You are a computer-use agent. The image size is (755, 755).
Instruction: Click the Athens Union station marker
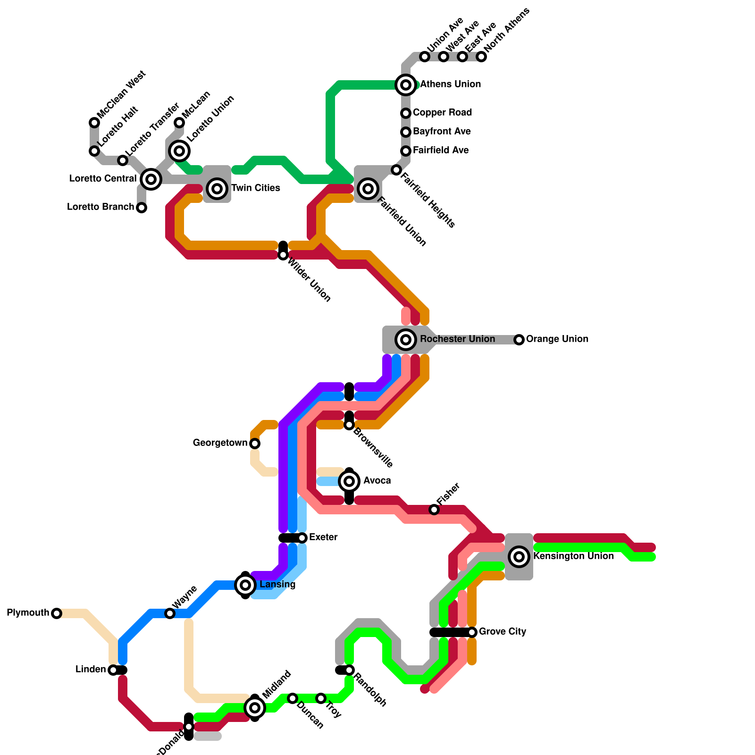tap(406, 85)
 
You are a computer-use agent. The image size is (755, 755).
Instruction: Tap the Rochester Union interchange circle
tap(406, 339)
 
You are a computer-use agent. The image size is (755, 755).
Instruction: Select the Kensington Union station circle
tap(519, 557)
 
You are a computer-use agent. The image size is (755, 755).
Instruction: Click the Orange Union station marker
tap(519, 339)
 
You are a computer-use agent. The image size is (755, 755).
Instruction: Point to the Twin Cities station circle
tap(217, 189)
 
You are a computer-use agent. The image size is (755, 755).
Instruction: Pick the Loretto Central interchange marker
tap(151, 179)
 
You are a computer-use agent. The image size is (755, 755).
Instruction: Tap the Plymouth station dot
tap(57, 613)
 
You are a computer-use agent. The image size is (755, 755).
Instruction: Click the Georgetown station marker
tap(255, 444)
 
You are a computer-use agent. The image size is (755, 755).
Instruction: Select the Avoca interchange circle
tap(349, 481)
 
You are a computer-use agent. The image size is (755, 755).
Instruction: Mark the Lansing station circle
tap(245, 585)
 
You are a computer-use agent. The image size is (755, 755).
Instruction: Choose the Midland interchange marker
tap(255, 707)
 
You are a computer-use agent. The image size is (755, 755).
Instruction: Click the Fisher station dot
tap(434, 510)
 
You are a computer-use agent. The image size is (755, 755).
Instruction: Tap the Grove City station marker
tap(472, 632)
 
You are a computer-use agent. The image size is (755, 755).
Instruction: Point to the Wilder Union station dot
tap(283, 255)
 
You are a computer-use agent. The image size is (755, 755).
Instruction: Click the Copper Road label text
tap(442, 113)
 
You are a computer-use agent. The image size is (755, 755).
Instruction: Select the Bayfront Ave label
tap(442, 132)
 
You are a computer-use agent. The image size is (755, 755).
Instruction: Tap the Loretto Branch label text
tap(101, 207)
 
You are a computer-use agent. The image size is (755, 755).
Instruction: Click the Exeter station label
tap(323, 537)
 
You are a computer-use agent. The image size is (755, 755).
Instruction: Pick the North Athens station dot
tap(481, 57)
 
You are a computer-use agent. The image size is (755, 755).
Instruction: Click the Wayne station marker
tap(170, 613)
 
